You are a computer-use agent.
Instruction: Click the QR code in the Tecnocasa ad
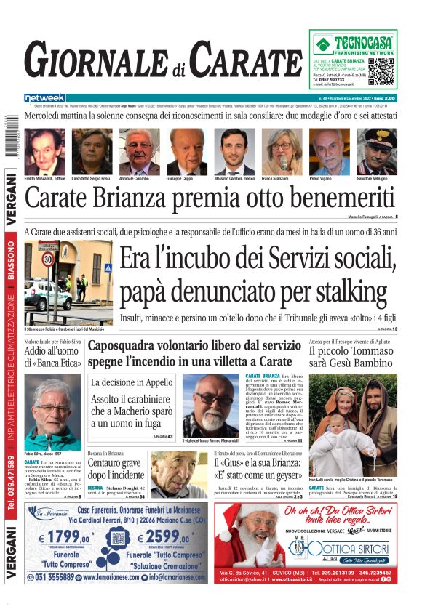click(x=381, y=71)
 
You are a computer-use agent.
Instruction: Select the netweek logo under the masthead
click(x=45, y=98)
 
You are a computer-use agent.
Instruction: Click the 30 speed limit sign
click(x=48, y=259)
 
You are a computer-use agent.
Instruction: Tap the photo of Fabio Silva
click(x=52, y=411)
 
